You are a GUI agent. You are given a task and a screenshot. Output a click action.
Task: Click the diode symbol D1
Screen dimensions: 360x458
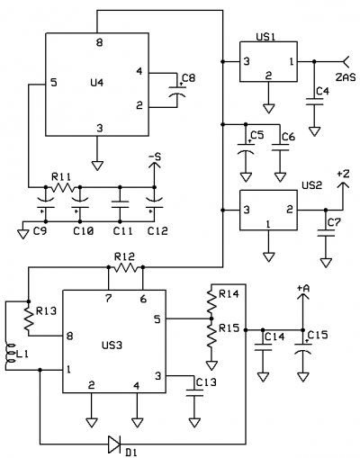pyautogui.click(x=114, y=445)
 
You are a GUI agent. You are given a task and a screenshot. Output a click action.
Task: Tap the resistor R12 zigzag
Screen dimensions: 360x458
pyautogui.click(x=126, y=267)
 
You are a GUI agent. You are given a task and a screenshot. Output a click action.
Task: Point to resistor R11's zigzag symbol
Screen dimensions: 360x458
pyautogui.click(x=63, y=187)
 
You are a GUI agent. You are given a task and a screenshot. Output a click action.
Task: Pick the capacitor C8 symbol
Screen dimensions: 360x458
pyautogui.click(x=177, y=91)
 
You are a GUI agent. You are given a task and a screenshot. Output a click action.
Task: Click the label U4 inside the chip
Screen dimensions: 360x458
pyautogui.click(x=97, y=82)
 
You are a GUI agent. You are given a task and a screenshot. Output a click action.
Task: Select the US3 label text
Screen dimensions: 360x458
pyautogui.click(x=112, y=346)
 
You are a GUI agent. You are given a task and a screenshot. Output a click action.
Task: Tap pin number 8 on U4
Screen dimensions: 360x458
pyautogui.click(x=99, y=42)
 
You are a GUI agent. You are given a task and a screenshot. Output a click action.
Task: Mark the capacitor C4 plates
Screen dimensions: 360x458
pyautogui.click(x=314, y=102)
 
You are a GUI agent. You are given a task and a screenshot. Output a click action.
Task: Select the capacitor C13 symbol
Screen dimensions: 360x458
pyautogui.click(x=194, y=393)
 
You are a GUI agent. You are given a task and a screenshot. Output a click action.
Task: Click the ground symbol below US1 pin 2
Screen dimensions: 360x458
pyautogui.click(x=268, y=108)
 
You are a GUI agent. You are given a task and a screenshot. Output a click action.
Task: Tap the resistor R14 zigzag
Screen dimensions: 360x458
pyautogui.click(x=211, y=301)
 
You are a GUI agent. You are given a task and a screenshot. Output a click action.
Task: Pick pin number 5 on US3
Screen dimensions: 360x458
pyautogui.click(x=157, y=319)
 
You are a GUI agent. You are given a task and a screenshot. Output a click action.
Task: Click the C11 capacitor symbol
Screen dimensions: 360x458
pyautogui.click(x=120, y=204)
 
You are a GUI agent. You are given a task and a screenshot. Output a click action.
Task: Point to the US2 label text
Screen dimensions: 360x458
pyautogui.click(x=311, y=185)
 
